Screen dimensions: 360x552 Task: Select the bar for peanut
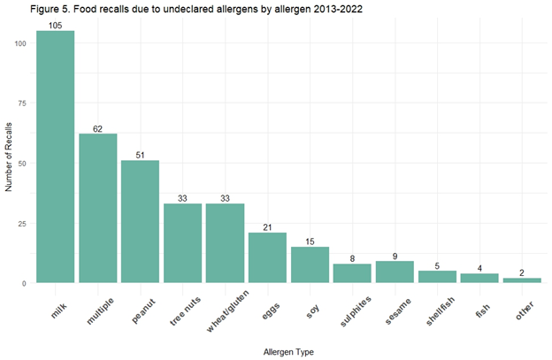click(140, 221)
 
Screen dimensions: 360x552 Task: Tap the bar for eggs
click(267, 257)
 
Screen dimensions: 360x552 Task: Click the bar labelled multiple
click(97, 208)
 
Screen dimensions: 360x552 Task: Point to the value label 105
click(55, 25)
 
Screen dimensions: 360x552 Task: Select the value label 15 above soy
click(310, 240)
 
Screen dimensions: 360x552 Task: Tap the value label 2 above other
click(521, 272)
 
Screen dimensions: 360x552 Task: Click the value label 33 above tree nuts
click(182, 197)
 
